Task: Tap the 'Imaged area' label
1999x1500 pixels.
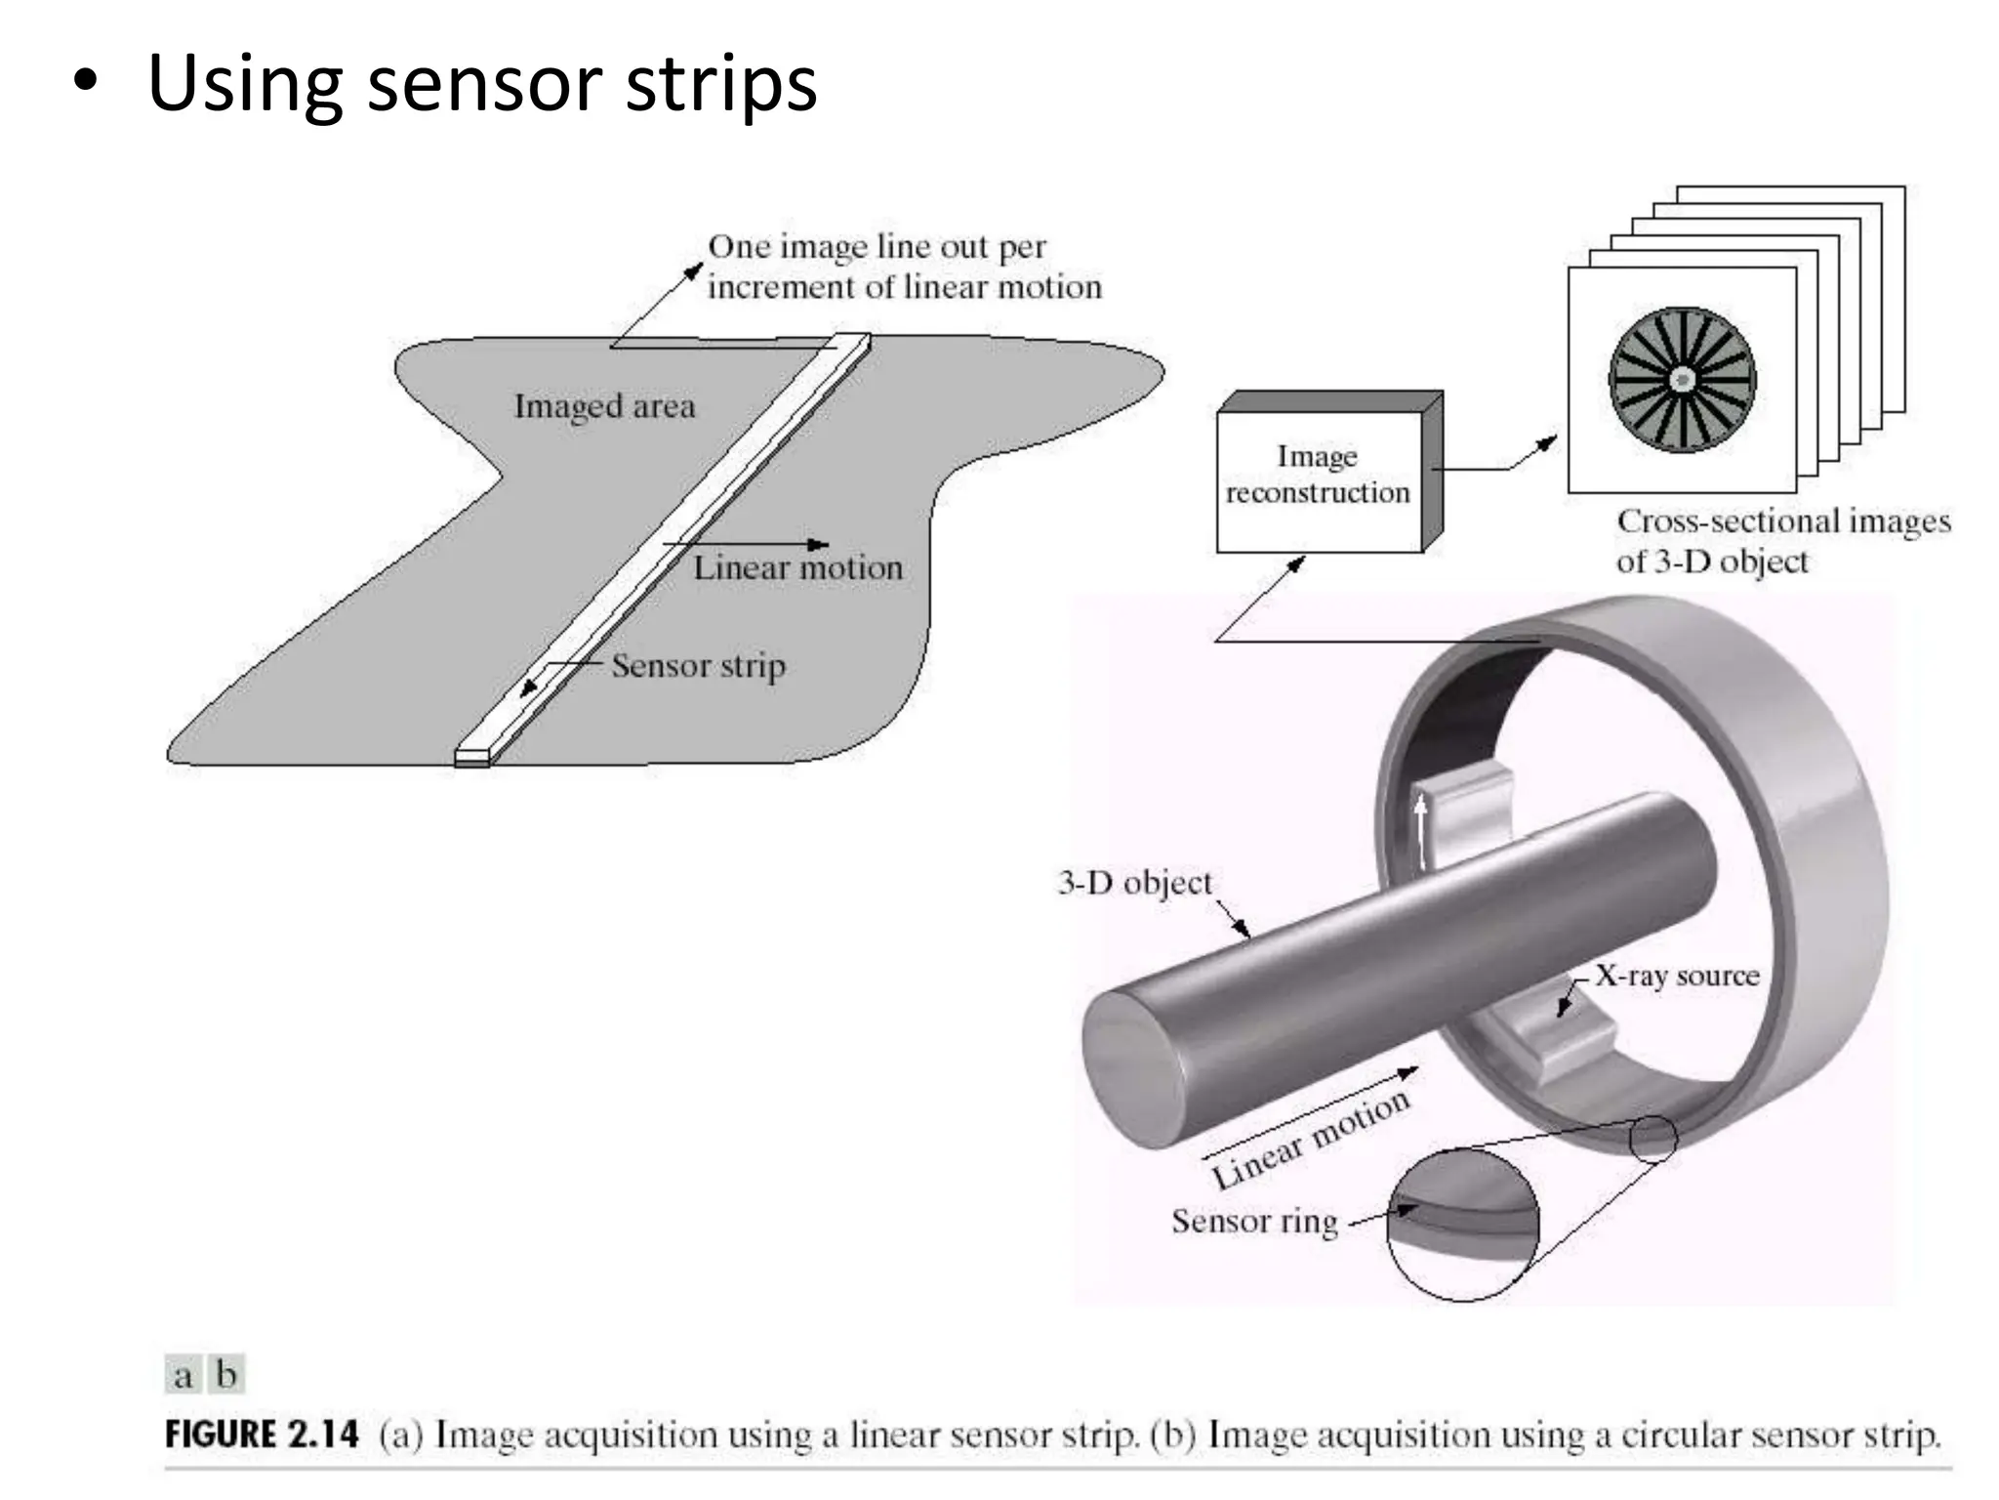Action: (x=604, y=406)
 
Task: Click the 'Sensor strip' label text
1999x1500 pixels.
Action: (x=698, y=666)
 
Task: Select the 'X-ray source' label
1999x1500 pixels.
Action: (x=1677, y=976)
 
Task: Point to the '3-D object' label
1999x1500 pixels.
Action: (x=1134, y=883)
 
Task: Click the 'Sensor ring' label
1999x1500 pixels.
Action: (x=1254, y=1221)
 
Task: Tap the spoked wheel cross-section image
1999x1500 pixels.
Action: (x=1682, y=380)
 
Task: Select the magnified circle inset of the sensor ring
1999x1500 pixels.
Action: (x=1462, y=1226)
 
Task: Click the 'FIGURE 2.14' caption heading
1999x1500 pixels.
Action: (x=262, y=1435)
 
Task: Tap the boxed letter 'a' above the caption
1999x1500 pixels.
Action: (x=183, y=1375)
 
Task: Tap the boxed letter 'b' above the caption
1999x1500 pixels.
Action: (x=226, y=1375)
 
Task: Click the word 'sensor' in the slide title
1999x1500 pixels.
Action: (x=484, y=83)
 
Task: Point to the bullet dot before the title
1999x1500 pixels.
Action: (x=86, y=83)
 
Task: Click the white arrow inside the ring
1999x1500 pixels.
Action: (x=1421, y=830)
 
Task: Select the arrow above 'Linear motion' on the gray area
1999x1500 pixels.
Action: (x=746, y=544)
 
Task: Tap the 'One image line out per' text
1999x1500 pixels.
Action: (x=877, y=247)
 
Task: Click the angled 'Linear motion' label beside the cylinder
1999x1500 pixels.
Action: (x=1310, y=1137)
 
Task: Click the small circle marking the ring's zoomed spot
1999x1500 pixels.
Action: (x=1652, y=1139)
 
